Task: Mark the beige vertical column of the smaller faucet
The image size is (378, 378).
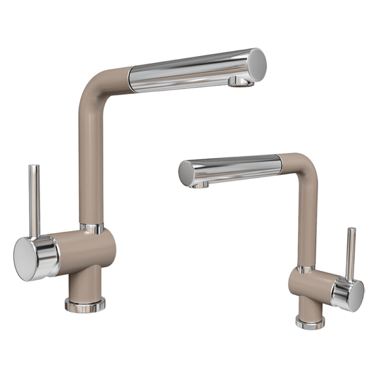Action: tap(308, 220)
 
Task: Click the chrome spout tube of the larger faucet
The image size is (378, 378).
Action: tap(189, 71)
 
